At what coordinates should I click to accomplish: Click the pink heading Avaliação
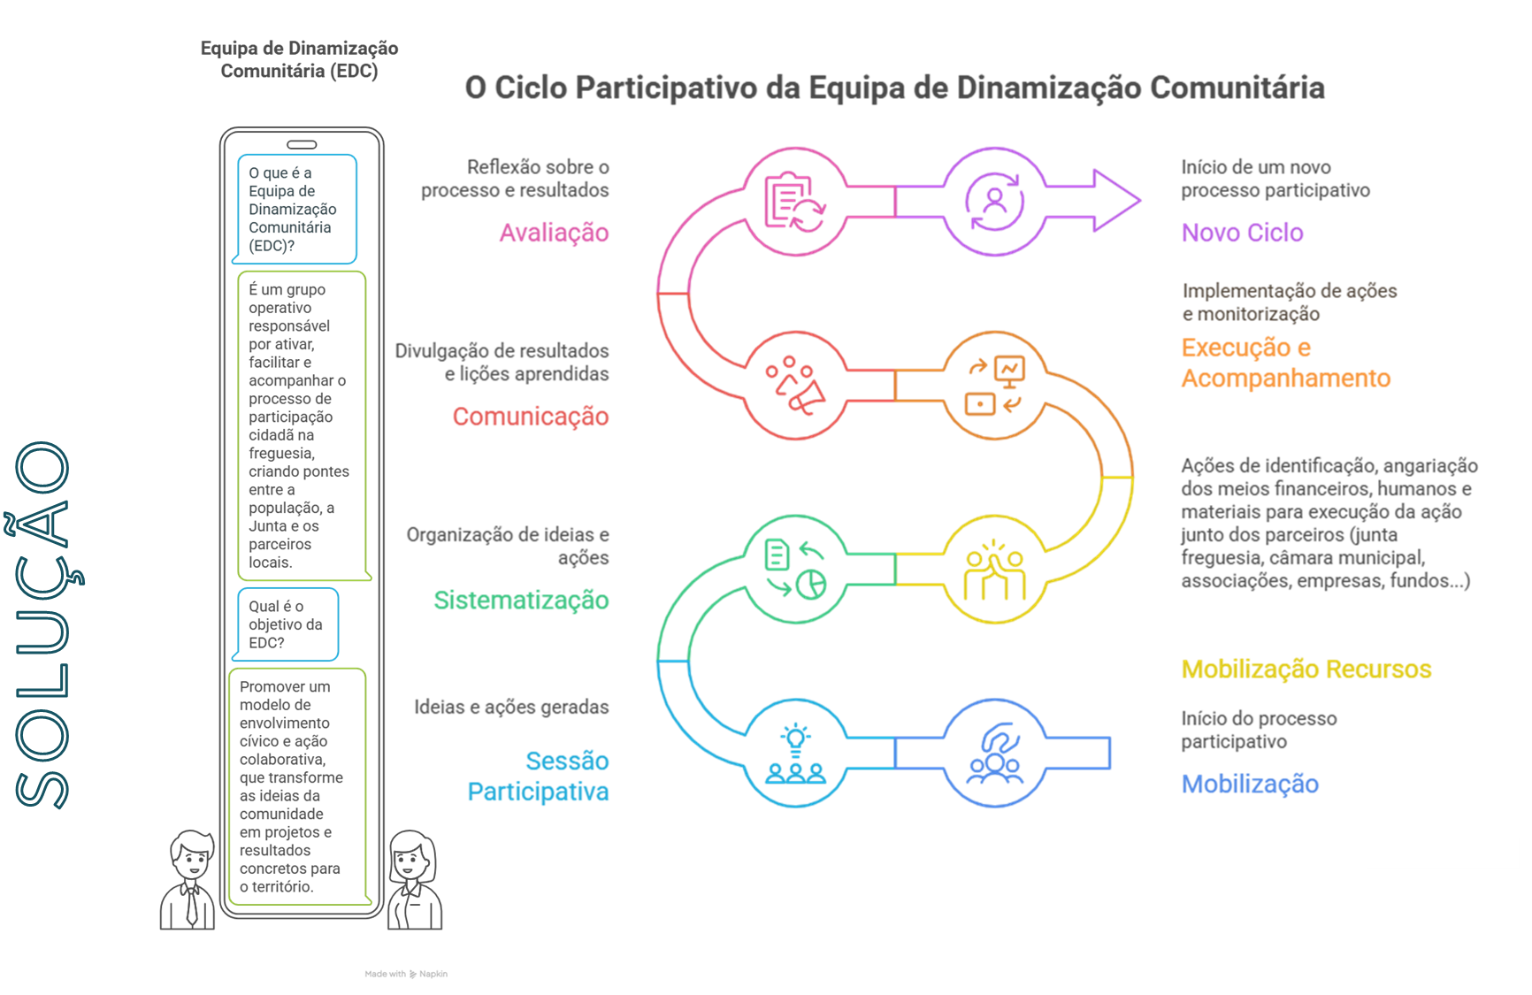click(554, 233)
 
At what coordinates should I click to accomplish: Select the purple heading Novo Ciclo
click(1243, 233)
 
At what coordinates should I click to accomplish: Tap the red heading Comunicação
click(531, 417)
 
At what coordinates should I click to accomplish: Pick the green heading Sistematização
click(521, 601)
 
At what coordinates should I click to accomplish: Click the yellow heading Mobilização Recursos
click(1306, 670)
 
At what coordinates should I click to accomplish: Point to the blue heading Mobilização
click(1250, 785)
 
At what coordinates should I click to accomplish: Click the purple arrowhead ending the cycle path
click(1116, 201)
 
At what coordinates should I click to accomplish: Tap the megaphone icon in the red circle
click(795, 386)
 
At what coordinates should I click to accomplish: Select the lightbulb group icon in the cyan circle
click(795, 754)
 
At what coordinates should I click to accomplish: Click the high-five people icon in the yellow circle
click(995, 570)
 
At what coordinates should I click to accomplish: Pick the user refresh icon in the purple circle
click(995, 202)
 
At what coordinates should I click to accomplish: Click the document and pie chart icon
click(795, 570)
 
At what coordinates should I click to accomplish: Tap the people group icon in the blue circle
click(995, 754)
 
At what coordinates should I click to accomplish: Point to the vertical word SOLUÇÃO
click(44, 624)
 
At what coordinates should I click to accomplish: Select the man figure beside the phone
click(188, 880)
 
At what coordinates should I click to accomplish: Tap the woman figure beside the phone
click(414, 880)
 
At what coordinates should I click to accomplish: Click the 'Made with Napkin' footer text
click(406, 974)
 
